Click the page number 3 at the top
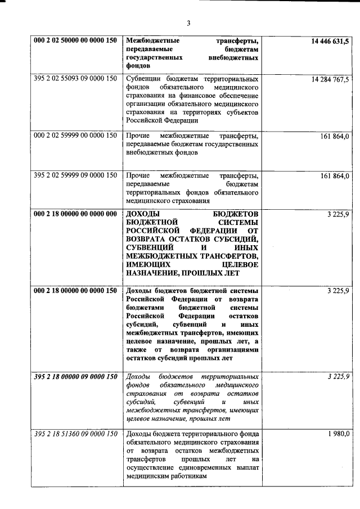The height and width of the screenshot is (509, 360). pos(189,23)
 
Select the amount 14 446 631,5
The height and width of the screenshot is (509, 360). pos(330,41)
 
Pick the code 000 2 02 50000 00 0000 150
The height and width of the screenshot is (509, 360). pos(75,41)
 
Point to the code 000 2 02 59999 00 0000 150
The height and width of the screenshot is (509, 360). pos(75,136)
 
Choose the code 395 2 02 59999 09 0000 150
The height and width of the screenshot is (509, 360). pos(75,176)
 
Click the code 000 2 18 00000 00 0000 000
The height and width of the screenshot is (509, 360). pos(75,214)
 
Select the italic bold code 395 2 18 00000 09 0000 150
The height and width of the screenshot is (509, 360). pos(75,376)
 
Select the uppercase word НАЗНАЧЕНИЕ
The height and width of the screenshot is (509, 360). pos(154,274)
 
